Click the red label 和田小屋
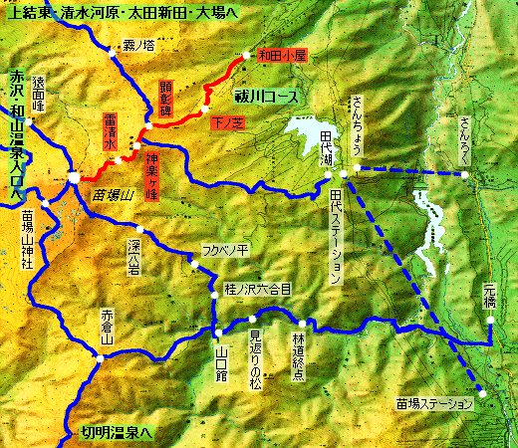pos(282,56)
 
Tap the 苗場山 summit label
pos(111,194)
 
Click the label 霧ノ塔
pos(138,45)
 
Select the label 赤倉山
pos(108,328)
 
